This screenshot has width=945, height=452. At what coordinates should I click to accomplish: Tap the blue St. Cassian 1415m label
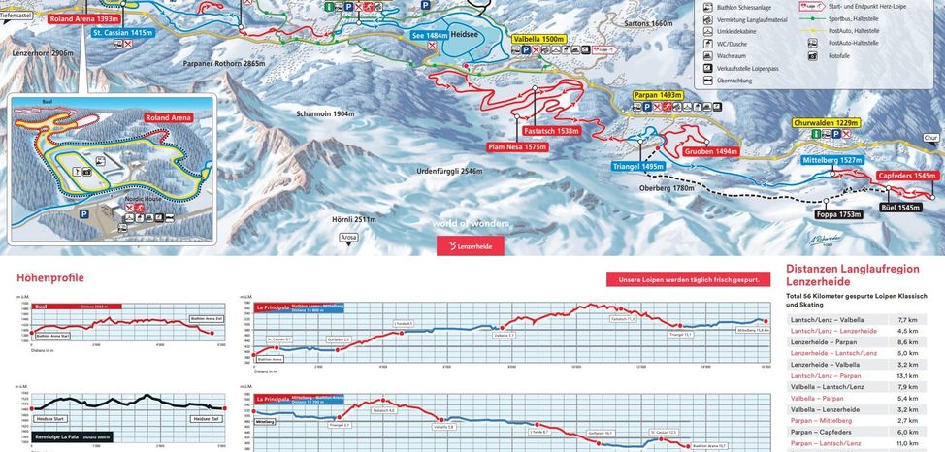tap(123, 32)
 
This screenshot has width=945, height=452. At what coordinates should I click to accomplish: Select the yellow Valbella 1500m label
tap(538, 38)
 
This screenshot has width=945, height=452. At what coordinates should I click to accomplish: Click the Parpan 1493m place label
tap(658, 95)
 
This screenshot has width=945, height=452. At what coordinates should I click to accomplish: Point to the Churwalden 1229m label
tap(827, 123)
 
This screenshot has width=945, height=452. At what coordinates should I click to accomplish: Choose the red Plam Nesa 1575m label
tap(517, 147)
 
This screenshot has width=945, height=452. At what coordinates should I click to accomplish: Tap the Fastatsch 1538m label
tap(550, 131)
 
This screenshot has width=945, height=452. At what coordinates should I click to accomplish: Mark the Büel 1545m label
tap(899, 208)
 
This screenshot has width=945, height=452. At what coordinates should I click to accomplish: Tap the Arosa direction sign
tap(349, 236)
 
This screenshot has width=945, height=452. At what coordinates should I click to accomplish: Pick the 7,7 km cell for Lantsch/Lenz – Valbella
tap(907, 319)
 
